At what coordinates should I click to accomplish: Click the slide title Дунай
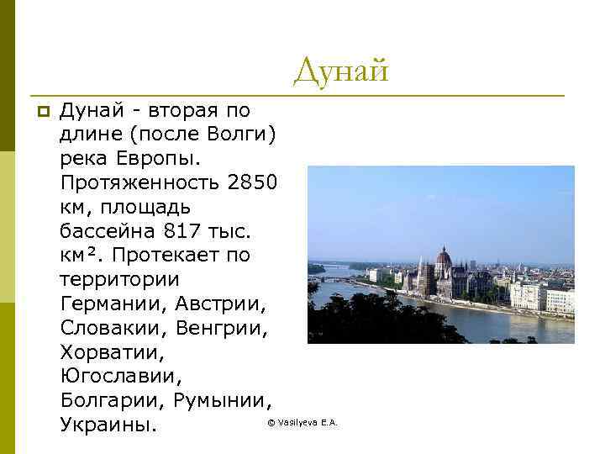click(341, 71)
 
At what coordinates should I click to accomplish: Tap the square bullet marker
click(43, 111)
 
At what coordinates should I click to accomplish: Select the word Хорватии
click(112, 351)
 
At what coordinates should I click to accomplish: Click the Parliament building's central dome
click(444, 256)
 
